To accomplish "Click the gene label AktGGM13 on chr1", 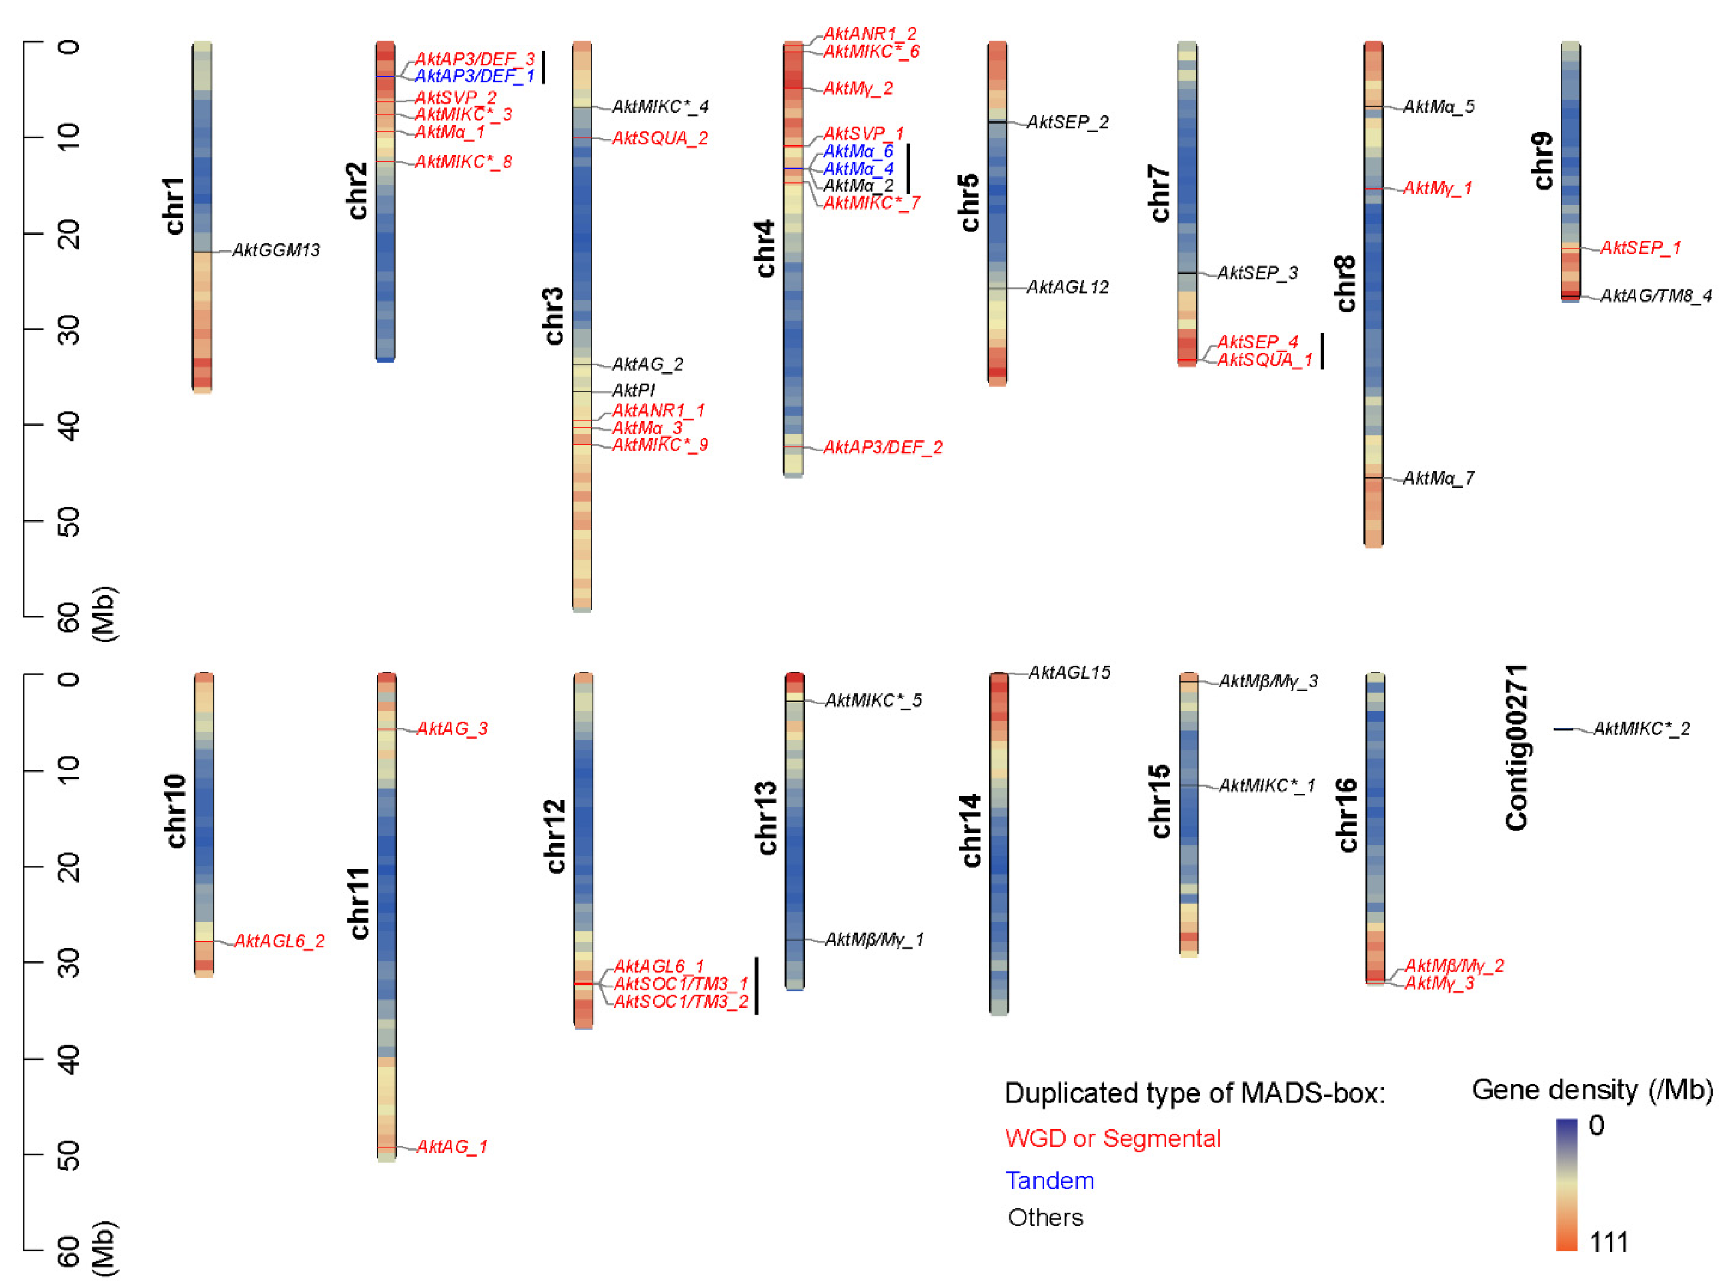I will (x=276, y=250).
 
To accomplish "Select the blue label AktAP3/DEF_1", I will (x=474, y=75).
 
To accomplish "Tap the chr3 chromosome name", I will (x=553, y=316).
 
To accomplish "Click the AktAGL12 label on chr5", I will (x=1067, y=288).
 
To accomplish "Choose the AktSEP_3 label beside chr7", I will (x=1257, y=273).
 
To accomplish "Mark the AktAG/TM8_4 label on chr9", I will (x=1656, y=296).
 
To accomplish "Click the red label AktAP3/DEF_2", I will (x=882, y=447).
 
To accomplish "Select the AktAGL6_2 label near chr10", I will (x=279, y=941).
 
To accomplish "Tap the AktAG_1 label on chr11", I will (x=451, y=1146).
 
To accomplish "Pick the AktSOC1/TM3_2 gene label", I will (x=680, y=1001).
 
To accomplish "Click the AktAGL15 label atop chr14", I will (x=1068, y=672).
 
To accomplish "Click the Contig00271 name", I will (x=1516, y=747).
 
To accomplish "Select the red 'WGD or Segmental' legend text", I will (x=1112, y=1138).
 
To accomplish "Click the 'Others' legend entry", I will (x=1045, y=1217).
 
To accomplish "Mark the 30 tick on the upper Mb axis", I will (x=69, y=329).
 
